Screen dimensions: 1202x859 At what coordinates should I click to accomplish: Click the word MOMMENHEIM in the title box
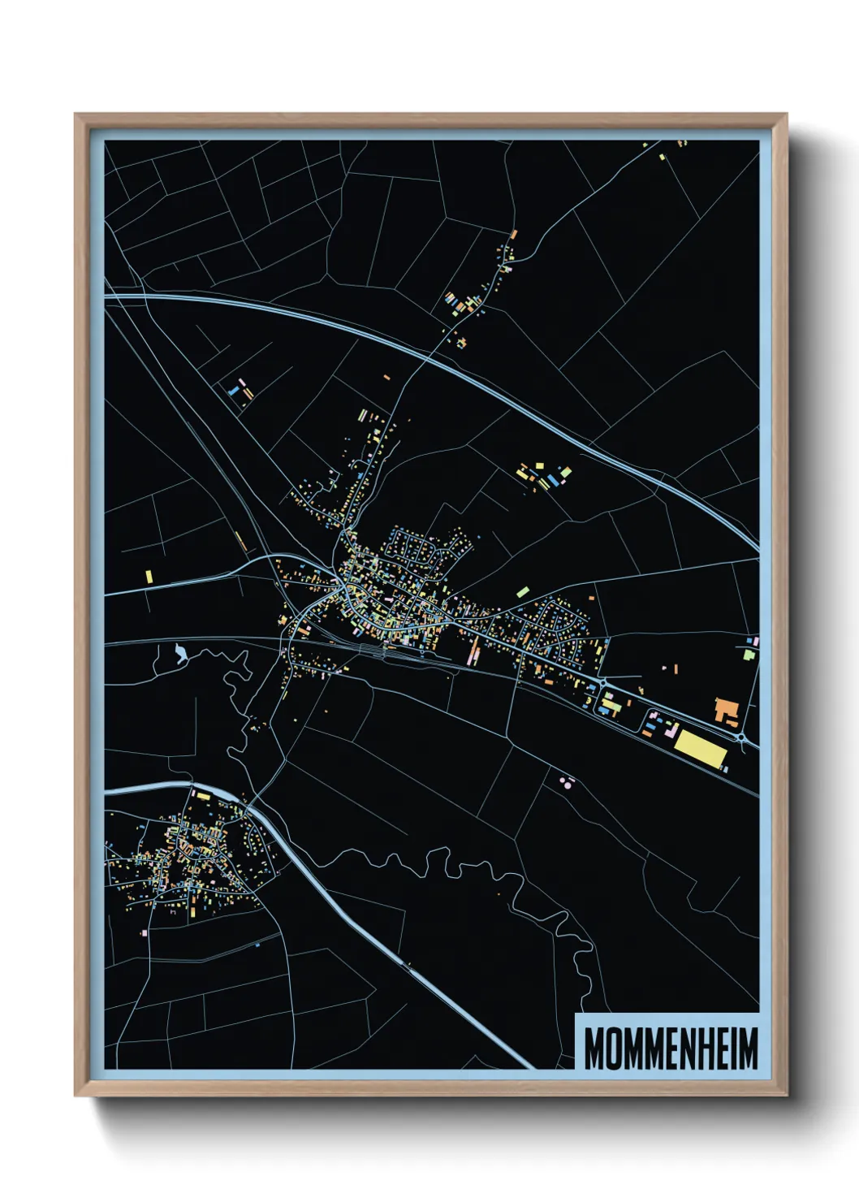(x=671, y=1049)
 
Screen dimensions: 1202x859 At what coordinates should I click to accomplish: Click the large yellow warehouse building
(x=700, y=747)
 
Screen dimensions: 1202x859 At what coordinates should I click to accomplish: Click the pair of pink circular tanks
(x=567, y=782)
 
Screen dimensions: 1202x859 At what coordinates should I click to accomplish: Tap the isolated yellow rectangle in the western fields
(x=149, y=576)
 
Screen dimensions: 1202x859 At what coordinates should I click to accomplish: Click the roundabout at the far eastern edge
(x=742, y=737)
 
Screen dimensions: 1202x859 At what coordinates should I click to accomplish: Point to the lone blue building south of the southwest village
(x=257, y=945)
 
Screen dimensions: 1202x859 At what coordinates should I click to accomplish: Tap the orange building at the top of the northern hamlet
(x=513, y=235)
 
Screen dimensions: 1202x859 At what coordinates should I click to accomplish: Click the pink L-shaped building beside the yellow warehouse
(x=671, y=733)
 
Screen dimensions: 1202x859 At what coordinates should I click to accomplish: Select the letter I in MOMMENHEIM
(x=732, y=1049)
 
